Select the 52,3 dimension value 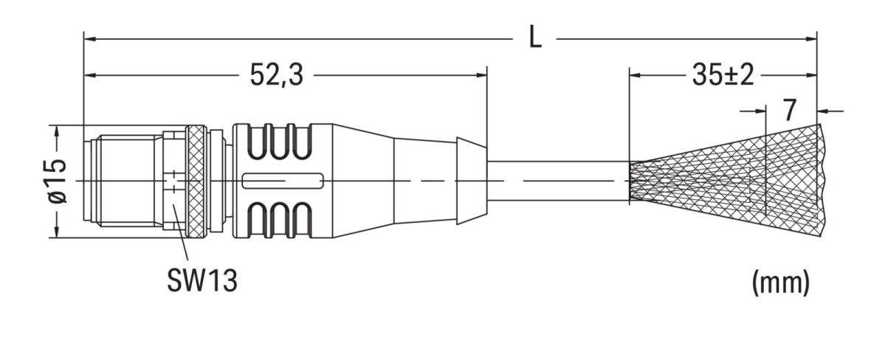(275, 75)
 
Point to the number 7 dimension (790, 111)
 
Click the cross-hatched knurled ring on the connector (196, 181)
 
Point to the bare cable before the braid (557, 181)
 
